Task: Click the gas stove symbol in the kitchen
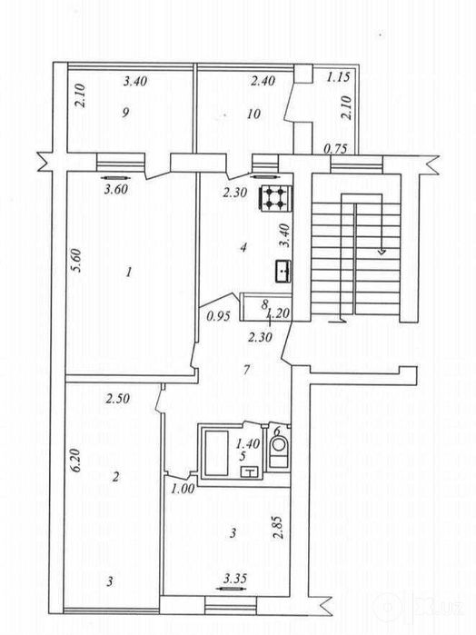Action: coord(274,198)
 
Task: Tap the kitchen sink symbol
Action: coord(283,271)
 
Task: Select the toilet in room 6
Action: coord(278,452)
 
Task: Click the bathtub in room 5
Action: coord(217,453)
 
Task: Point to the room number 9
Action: coord(125,112)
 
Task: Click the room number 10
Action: coord(253,114)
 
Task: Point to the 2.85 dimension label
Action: coord(278,527)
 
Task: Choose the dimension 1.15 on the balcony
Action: coord(338,77)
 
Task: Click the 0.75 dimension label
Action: coord(335,149)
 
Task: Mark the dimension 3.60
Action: coord(116,189)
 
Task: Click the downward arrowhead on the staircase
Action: coord(382,252)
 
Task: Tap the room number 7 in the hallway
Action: coord(247,370)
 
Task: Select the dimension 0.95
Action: coord(218,316)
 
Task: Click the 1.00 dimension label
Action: coord(183,490)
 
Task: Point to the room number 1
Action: coord(129,272)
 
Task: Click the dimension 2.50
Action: coord(118,399)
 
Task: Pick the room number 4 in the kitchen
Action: coord(243,247)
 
